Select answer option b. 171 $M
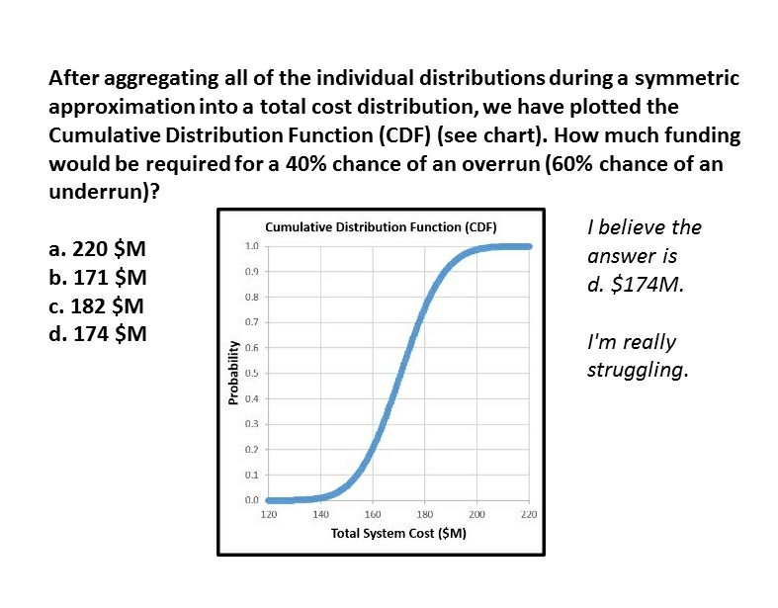pos(98,277)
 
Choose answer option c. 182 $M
pos(98,305)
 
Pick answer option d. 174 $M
pos(98,333)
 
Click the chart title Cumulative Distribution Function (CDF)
pos(381,226)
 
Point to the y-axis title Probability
pos(233,372)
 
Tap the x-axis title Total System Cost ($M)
pos(398,533)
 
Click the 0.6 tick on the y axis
pos(252,347)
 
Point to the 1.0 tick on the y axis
pos(252,245)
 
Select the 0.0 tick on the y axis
pos(252,500)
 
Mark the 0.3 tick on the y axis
pos(252,424)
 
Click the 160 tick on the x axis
pos(373,515)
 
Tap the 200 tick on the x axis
pos(476,515)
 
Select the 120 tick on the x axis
pos(268,515)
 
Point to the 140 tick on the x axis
pos(320,515)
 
